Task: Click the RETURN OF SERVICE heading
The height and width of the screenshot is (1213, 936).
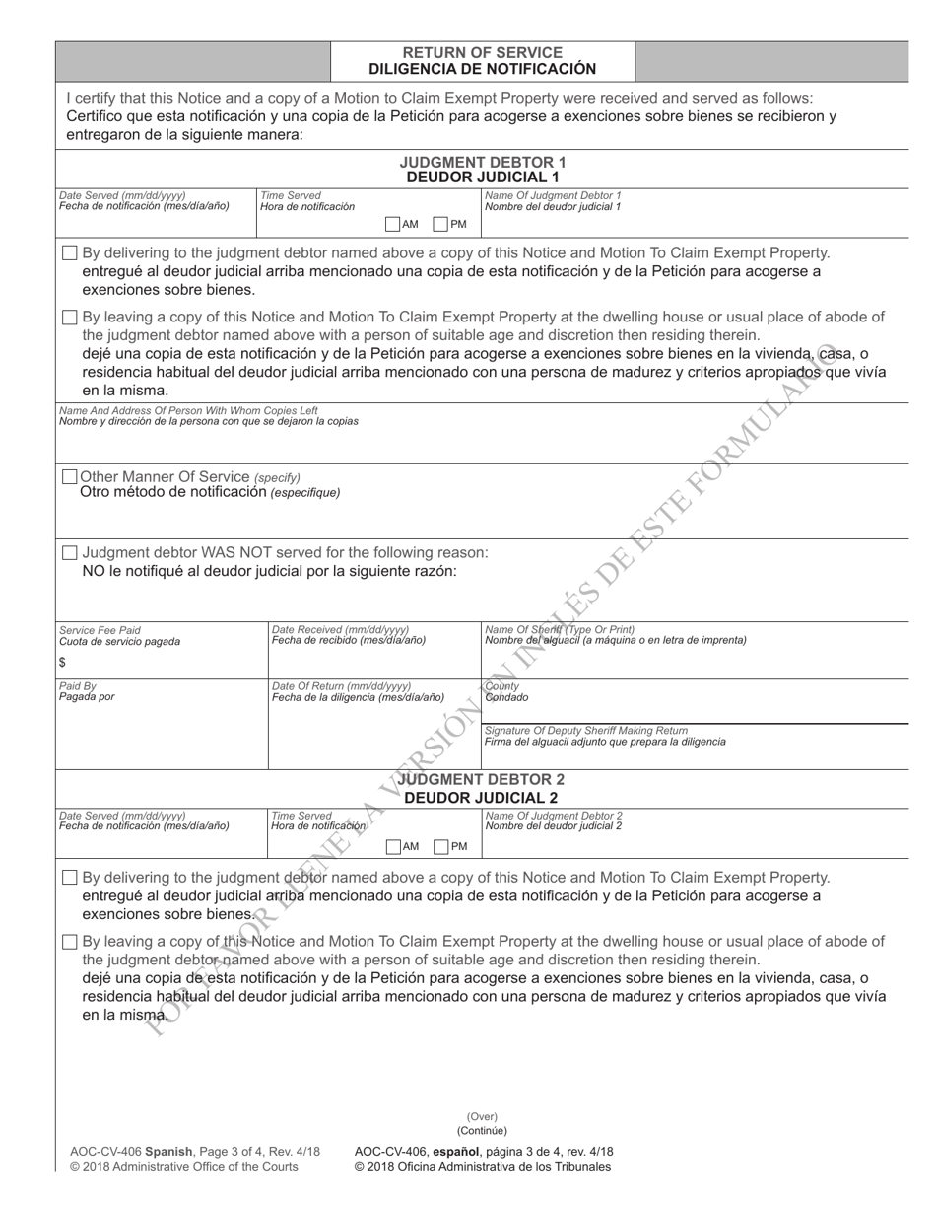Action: point(483,52)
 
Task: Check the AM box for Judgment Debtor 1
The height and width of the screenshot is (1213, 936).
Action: point(392,224)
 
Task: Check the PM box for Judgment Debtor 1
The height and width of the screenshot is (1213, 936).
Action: point(441,224)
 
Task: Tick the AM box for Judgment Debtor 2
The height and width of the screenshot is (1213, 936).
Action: point(393,846)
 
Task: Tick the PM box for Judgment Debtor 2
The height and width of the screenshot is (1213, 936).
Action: point(441,846)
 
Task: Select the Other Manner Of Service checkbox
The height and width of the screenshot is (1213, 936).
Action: point(69,477)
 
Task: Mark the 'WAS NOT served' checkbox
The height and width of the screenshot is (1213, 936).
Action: point(69,553)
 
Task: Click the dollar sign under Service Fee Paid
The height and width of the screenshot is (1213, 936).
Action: point(63,663)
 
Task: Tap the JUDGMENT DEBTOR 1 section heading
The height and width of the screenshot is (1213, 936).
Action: point(483,162)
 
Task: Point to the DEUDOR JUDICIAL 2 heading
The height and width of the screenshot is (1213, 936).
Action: point(482,797)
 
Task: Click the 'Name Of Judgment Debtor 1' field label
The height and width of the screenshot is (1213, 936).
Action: point(553,195)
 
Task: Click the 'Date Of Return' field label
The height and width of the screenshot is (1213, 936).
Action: point(341,686)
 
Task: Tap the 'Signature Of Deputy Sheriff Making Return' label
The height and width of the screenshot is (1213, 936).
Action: point(586,730)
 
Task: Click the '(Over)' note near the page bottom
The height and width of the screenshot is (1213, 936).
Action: point(482,1117)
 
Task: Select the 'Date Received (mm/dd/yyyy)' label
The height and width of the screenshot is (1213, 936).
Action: point(340,629)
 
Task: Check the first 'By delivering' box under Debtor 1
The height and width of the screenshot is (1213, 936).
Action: point(69,253)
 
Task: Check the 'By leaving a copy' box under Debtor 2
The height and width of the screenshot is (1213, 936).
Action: point(69,942)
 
